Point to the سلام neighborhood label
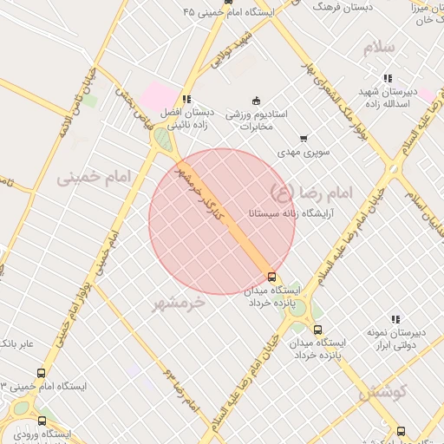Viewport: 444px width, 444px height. [x=381, y=47]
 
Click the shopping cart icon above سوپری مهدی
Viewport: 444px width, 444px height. [x=303, y=138]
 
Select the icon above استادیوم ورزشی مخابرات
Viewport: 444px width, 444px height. [x=255, y=100]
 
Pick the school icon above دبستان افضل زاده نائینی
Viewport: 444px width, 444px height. [x=186, y=99]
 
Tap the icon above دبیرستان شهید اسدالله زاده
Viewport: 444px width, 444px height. [x=388, y=78]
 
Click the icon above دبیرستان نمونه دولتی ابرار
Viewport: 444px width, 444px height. [x=395, y=319]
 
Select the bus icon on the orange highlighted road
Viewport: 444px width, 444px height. [x=272, y=277]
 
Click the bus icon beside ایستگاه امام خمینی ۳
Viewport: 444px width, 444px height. [x=41, y=373]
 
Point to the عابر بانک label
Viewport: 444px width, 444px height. [x=16, y=344]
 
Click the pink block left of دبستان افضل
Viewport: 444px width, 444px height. [x=159, y=95]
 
